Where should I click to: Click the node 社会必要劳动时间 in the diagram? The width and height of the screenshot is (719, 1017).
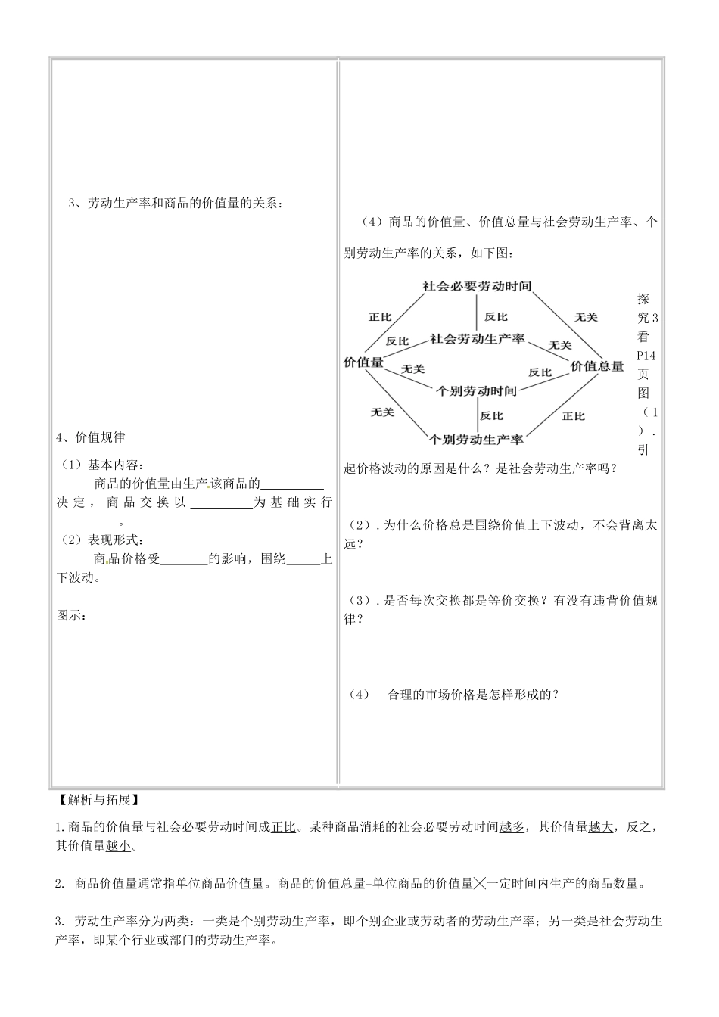[x=477, y=287]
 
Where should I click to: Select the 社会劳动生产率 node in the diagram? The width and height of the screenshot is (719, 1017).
[x=478, y=339]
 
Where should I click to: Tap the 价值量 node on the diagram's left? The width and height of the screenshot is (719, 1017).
[x=363, y=362]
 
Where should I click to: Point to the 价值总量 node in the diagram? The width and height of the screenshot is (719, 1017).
[x=597, y=366]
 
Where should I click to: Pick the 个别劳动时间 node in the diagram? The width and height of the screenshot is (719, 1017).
[x=477, y=391]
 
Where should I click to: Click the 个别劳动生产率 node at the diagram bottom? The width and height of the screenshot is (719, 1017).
[x=477, y=439]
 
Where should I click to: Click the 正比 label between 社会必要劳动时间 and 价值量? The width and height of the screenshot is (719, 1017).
[x=380, y=317]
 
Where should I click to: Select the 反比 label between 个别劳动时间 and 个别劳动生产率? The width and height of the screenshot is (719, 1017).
[x=492, y=415]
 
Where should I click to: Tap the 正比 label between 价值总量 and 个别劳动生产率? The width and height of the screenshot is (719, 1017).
[x=574, y=416]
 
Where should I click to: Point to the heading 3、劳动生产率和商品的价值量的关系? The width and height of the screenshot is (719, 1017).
[x=174, y=203]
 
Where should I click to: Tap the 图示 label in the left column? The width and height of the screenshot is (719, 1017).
[x=72, y=615]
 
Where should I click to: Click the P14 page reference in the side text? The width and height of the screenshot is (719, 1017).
[x=648, y=355]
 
